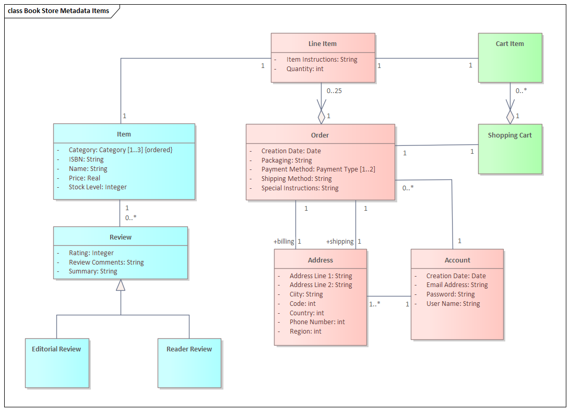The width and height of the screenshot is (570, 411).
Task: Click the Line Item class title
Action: click(x=323, y=44)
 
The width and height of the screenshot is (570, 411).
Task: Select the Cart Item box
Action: click(x=510, y=58)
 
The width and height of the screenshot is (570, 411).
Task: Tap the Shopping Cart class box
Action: click(x=510, y=149)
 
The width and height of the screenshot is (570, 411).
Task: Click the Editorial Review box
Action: click(x=57, y=363)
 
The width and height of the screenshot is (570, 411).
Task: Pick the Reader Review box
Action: click(x=189, y=363)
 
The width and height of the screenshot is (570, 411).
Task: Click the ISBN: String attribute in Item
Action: click(x=86, y=159)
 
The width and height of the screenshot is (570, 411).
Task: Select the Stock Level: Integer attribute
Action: click(x=98, y=187)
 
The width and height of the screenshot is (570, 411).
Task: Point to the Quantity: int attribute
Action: click(x=305, y=69)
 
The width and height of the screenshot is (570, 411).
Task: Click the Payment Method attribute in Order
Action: click(x=318, y=169)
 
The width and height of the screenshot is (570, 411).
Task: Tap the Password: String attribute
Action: click(x=450, y=294)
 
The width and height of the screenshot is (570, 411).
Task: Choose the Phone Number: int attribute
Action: click(x=317, y=322)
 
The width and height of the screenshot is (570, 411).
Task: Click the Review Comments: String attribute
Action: click(x=106, y=262)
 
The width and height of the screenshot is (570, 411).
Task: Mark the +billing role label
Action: click(x=284, y=242)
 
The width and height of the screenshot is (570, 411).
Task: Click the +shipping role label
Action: click(x=340, y=242)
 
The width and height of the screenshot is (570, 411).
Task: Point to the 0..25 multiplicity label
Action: click(x=334, y=91)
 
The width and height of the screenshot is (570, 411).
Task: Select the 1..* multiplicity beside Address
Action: click(x=374, y=304)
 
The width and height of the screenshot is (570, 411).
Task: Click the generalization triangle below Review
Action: click(x=121, y=285)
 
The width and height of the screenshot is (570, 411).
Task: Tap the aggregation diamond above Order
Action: click(x=322, y=117)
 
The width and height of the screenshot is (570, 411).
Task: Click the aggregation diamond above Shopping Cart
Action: click(x=510, y=117)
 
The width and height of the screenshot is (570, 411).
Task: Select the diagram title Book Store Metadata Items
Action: click(x=58, y=11)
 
